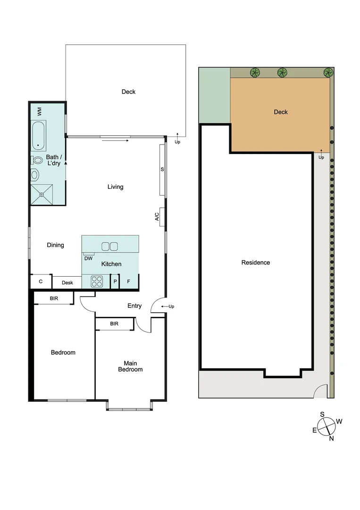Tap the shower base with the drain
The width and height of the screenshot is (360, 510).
tap(42, 194)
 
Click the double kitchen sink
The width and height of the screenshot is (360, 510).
tap(109, 246)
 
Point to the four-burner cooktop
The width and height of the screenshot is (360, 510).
tap(97, 281)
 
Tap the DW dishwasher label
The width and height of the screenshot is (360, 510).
tap(88, 258)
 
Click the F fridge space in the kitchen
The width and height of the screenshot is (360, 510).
tap(129, 282)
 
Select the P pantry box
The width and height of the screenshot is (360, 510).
tap(115, 282)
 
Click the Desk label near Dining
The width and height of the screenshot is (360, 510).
tap(67, 282)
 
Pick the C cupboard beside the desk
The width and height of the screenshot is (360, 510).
tap(41, 282)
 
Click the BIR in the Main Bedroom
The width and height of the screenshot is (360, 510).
tap(114, 323)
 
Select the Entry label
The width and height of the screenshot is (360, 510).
tap(134, 306)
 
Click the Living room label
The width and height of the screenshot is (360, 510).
tap(115, 187)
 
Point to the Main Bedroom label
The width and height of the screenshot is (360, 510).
tap(130, 366)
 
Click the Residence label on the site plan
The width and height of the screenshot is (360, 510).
tap(255, 263)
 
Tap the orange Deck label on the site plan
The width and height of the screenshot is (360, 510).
tap(281, 112)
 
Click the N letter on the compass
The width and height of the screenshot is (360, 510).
tap(331, 438)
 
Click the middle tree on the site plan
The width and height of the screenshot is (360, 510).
tap(282, 72)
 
